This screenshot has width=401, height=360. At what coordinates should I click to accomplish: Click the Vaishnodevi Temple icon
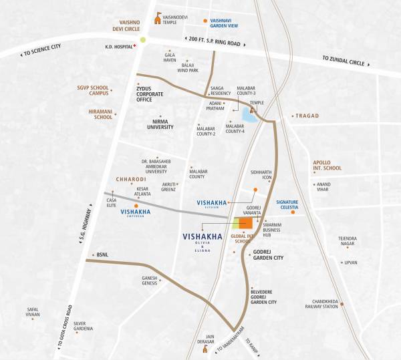coord(158,18)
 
